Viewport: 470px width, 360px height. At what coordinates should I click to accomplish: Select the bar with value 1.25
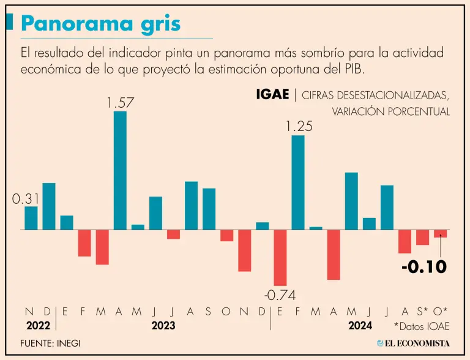pos(298,182)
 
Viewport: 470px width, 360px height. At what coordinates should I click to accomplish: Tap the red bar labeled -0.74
pos(280,257)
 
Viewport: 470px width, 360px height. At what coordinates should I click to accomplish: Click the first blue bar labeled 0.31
pos(31,218)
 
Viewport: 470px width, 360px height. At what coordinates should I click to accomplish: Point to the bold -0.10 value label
pos(423,267)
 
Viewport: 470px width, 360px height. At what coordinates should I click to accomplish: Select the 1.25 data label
pos(299,127)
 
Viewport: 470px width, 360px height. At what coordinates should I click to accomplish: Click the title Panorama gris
pos(100,24)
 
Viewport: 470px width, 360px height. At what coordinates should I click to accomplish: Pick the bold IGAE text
pos(273,95)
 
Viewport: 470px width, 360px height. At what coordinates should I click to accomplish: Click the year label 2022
pos(37,326)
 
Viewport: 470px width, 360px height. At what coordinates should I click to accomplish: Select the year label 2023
pos(163,326)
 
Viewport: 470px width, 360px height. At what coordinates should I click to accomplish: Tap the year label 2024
pos(360,326)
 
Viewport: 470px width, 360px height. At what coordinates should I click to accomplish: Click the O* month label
pos(441,311)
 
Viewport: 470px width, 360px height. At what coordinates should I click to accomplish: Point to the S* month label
pos(422,311)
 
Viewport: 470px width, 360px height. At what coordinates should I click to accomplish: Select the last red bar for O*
pos(441,233)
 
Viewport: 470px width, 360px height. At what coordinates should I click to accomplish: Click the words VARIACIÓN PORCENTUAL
pos(390,111)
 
